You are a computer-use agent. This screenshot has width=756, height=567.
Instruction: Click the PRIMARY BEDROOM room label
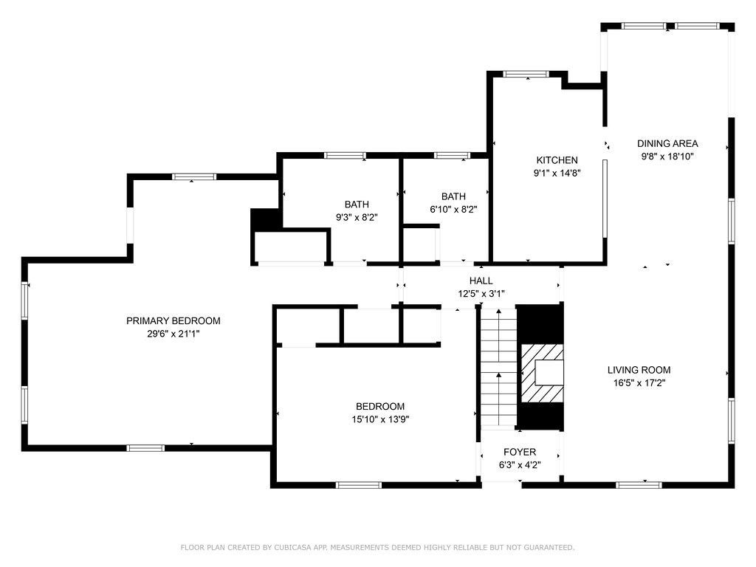(173, 320)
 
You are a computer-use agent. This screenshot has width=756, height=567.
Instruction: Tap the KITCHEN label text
(557, 160)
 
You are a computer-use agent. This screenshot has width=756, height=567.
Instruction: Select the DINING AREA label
(667, 144)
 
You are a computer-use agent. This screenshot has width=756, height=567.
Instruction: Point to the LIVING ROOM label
(639, 370)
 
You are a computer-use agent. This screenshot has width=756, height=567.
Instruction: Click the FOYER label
(520, 452)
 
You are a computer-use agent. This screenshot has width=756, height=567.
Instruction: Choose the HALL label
(481, 281)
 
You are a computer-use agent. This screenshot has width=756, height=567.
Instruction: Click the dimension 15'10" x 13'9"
(380, 419)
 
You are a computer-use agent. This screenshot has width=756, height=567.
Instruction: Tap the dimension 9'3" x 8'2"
(357, 217)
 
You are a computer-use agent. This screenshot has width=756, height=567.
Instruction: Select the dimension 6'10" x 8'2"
(453, 209)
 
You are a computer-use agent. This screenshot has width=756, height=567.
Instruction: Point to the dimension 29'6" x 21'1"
(173, 334)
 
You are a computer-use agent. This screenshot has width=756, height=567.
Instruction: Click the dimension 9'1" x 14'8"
(557, 173)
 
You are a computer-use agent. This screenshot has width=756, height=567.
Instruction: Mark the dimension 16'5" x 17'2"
(639, 383)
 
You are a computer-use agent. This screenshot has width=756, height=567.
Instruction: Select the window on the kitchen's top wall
(526, 74)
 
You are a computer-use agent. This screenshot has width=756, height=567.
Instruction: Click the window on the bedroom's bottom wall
(359, 485)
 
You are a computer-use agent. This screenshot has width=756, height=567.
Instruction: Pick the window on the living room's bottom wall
(639, 485)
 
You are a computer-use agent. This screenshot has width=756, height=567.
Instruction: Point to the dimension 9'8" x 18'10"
(667, 157)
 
